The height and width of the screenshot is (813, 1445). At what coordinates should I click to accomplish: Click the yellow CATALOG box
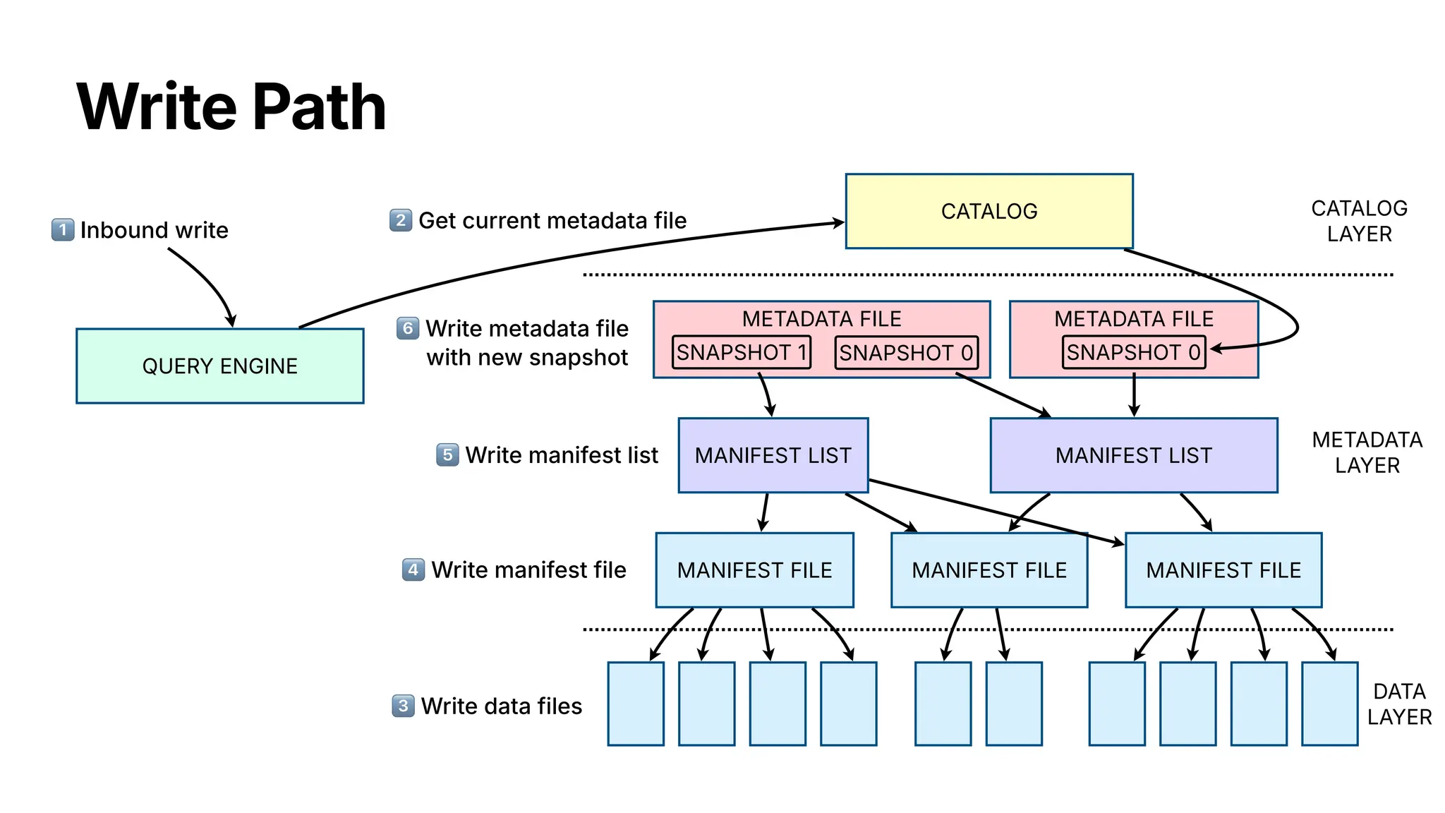(x=988, y=211)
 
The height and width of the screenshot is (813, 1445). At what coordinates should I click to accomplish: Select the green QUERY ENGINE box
(x=219, y=366)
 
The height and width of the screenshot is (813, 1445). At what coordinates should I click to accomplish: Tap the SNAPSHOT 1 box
(x=741, y=352)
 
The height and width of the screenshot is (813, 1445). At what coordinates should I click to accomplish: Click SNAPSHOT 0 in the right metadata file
(x=1133, y=352)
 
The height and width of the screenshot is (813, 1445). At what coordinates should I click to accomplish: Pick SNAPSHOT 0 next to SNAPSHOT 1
(x=906, y=352)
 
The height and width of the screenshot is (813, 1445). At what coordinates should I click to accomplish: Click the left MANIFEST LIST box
(x=773, y=455)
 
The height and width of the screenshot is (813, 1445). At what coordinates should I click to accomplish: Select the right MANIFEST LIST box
(x=1133, y=455)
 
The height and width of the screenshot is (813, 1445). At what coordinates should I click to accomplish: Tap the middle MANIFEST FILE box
(x=988, y=570)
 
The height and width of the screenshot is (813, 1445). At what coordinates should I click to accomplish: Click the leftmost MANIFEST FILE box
(x=754, y=570)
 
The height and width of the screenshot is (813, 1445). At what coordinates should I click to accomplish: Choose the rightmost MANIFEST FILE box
(x=1223, y=570)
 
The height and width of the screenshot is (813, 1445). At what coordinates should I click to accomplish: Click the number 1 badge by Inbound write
(x=63, y=230)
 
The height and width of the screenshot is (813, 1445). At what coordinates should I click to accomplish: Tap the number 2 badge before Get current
(x=401, y=220)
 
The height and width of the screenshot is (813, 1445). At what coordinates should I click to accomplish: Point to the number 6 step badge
(x=408, y=328)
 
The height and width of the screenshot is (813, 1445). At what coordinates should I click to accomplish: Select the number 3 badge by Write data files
(x=403, y=706)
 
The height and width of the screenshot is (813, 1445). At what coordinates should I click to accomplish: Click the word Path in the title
(x=319, y=107)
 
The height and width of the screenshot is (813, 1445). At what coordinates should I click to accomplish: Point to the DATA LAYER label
(x=1399, y=704)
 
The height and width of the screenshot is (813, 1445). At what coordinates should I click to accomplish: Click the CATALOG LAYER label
(x=1359, y=221)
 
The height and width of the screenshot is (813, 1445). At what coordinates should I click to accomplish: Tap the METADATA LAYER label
(x=1367, y=452)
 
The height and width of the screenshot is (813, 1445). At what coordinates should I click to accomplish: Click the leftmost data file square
(x=635, y=704)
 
